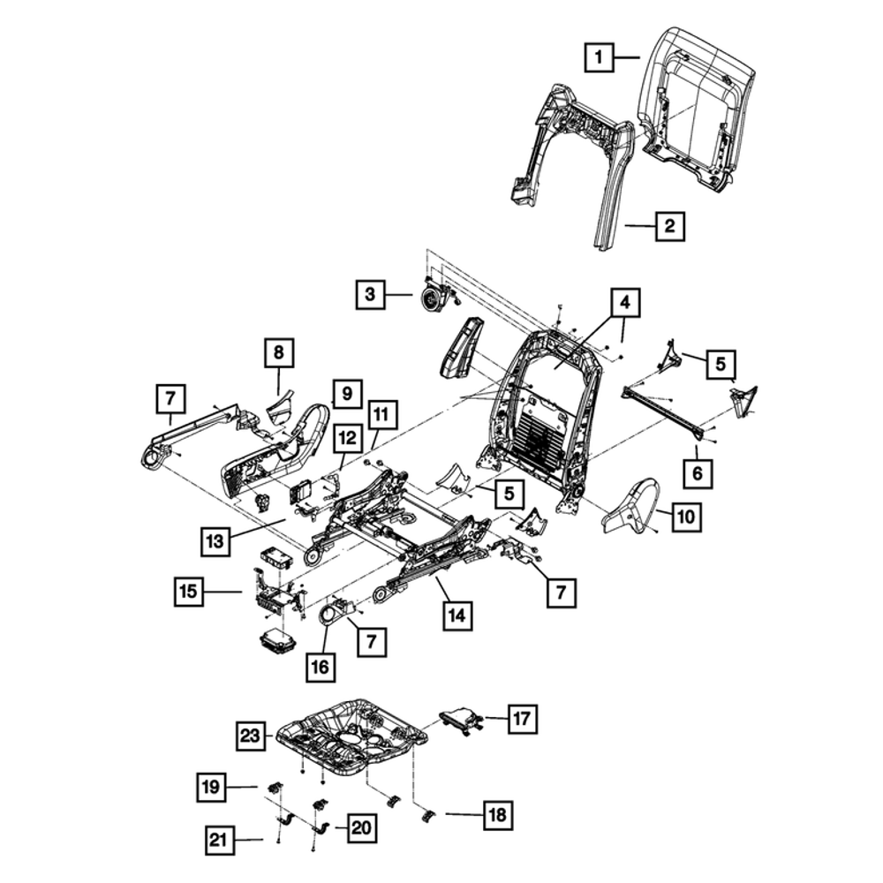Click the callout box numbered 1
[600, 59]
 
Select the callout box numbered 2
[669, 227]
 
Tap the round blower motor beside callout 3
[433, 301]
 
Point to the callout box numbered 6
[697, 474]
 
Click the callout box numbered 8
[278, 354]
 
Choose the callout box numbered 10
[686, 517]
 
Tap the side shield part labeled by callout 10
[633, 508]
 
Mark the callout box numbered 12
[347, 436]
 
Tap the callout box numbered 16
[321, 666]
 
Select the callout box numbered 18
[497, 813]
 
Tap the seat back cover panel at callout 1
[698, 106]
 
